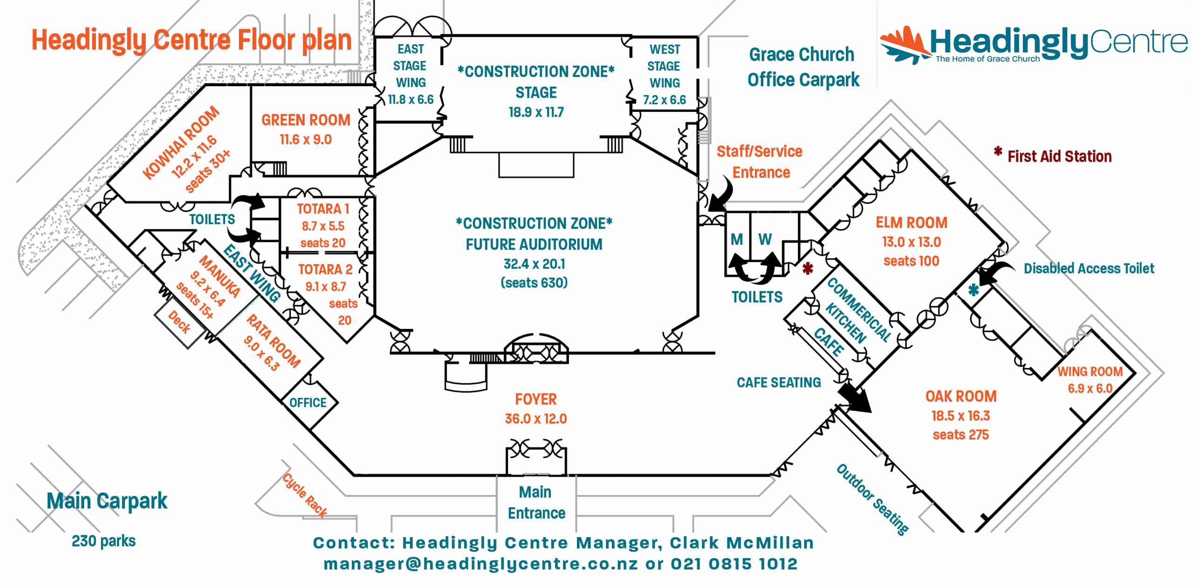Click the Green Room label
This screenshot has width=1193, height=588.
pos(305,120)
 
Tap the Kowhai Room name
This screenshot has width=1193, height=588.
pos(181,143)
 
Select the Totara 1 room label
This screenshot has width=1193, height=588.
pos(322,209)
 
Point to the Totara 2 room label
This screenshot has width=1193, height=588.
pos(325,270)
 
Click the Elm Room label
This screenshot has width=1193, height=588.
pos(912,223)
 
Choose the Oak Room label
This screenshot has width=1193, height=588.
pos(960,396)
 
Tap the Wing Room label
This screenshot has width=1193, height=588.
pos(1090,372)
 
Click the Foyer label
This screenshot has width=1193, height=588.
pos(536,399)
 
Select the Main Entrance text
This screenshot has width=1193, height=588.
pos(536,502)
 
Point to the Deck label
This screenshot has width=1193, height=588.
pos(179,322)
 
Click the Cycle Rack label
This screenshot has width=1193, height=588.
pos(305,495)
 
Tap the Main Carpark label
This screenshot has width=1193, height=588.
pos(107,501)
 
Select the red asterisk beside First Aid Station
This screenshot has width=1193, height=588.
pos(998,151)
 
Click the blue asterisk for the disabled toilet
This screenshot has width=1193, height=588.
pos(973,290)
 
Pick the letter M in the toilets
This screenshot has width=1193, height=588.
pos(737,239)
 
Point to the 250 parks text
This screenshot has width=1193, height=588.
pos(103,541)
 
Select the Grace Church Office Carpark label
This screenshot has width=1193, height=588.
pos(802,67)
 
